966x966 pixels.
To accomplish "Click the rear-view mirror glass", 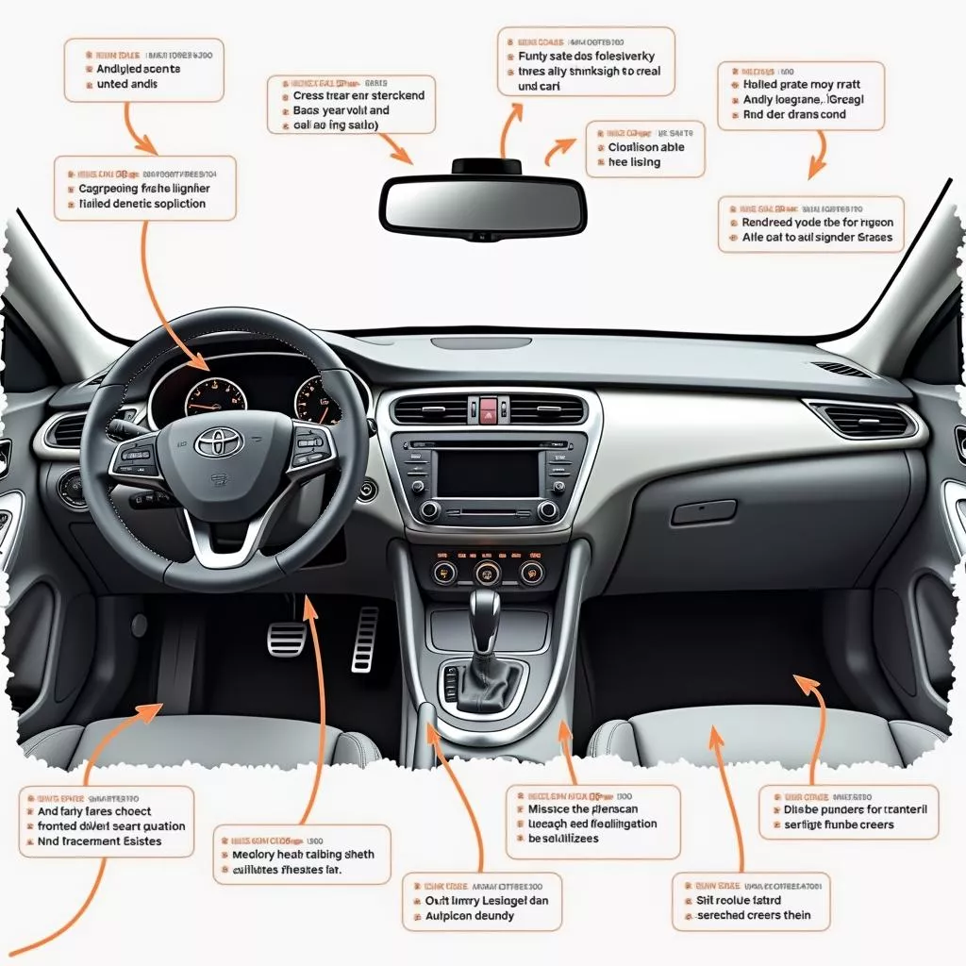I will tap(482, 205).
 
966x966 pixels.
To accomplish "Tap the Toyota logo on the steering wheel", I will tap(218, 441).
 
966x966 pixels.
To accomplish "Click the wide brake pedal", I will tap(287, 640).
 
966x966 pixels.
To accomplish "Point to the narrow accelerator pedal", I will tap(365, 639).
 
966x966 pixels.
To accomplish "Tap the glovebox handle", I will tap(704, 512).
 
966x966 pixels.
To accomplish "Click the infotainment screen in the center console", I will tap(488, 474).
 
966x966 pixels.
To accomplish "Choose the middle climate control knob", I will tap(487, 573).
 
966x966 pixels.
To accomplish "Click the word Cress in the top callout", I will tap(309, 95).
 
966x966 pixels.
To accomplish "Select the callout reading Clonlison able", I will tap(645, 147).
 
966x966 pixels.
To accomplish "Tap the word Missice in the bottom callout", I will tap(549, 808).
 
